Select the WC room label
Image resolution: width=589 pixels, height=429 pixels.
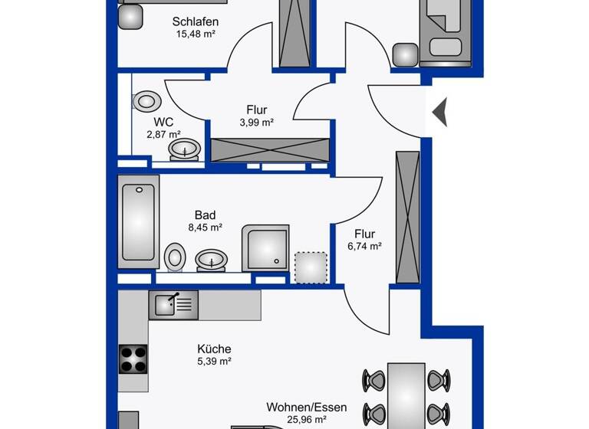point(163,122)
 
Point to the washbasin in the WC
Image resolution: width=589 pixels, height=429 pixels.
point(185,149)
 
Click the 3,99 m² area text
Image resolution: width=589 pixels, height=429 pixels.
point(257,122)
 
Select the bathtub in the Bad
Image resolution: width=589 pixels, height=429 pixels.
point(138,221)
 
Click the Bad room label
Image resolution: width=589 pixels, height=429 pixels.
point(205,215)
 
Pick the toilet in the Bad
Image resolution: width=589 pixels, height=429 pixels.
point(175,256)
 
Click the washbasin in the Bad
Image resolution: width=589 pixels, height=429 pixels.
point(210,260)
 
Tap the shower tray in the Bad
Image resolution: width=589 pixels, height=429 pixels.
point(265,247)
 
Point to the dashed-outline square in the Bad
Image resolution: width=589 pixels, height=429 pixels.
point(311,267)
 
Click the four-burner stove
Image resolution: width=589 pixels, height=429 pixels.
point(133,358)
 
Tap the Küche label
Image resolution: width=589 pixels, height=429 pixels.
point(214,349)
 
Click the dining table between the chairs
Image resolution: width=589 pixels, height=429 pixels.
point(406,395)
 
